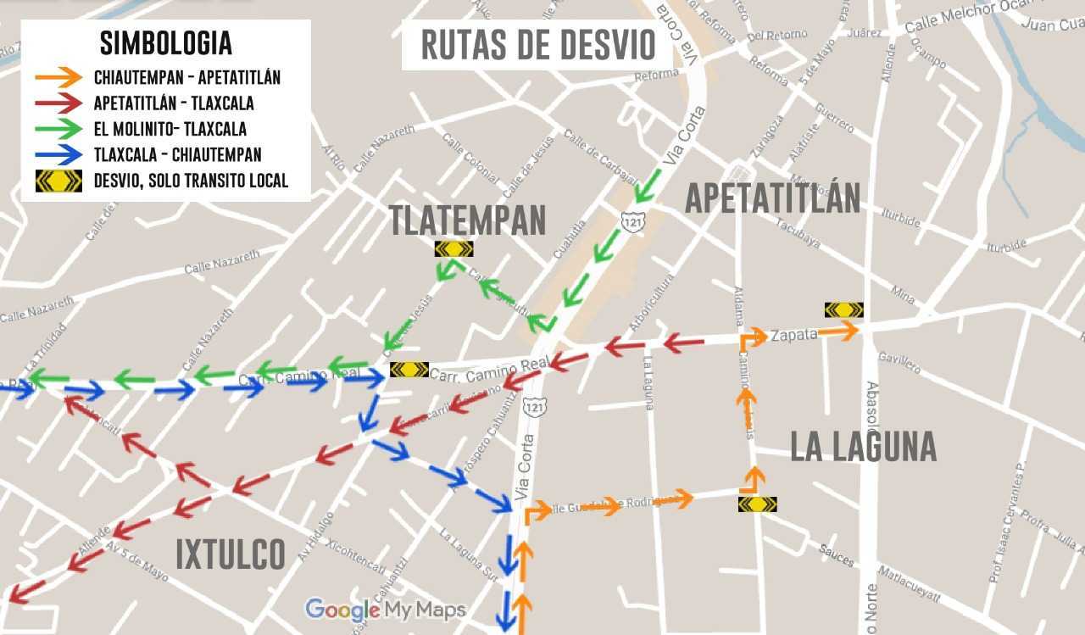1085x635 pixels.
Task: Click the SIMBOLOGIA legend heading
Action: (165, 42)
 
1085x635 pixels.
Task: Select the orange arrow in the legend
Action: (58, 78)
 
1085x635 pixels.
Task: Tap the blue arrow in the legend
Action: (58, 154)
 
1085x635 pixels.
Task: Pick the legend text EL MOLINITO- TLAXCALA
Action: (170, 129)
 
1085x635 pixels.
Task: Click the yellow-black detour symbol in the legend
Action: (58, 181)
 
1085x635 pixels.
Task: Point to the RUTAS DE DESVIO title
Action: (538, 45)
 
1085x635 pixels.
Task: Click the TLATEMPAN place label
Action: (467, 220)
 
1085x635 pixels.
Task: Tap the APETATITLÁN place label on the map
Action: (772, 198)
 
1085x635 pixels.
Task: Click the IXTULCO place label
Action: (231, 554)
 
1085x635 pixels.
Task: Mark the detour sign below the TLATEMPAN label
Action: (453, 248)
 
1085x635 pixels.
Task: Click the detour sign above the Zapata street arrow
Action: (843, 310)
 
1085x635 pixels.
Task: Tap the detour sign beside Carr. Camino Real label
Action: (409, 370)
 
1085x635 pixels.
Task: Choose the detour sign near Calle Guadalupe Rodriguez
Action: (757, 504)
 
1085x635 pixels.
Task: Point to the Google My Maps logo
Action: (386, 610)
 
